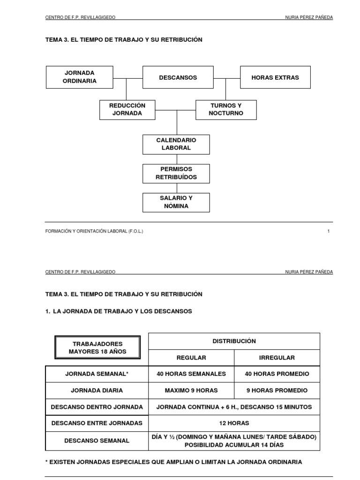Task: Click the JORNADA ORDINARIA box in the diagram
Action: click(80, 77)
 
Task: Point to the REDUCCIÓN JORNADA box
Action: click(127, 110)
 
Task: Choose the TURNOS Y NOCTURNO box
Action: click(226, 110)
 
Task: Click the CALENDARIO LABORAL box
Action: click(176, 144)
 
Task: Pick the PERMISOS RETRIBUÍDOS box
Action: click(176, 173)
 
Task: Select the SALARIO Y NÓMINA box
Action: click(176, 202)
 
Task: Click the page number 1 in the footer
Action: click(329, 231)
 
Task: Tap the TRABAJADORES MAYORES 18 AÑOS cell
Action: click(97, 348)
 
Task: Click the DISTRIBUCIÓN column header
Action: click(234, 341)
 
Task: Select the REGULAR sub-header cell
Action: click(191, 358)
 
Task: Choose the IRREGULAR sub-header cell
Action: click(277, 358)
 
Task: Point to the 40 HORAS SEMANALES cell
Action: click(191, 374)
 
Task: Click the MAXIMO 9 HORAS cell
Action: click(191, 390)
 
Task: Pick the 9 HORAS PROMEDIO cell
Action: click(277, 390)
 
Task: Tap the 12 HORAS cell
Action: click(234, 423)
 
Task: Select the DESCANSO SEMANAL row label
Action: click(97, 441)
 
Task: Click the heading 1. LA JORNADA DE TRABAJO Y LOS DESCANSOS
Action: click(119, 311)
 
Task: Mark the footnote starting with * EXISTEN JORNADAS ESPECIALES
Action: click(173, 462)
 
